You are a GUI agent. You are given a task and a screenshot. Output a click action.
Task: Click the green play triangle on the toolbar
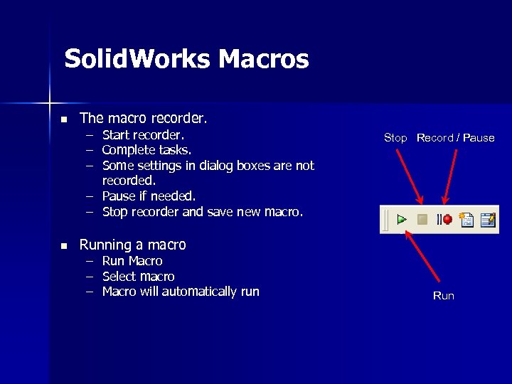coord(402,220)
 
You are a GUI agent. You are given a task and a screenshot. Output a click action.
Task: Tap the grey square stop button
coord(422,220)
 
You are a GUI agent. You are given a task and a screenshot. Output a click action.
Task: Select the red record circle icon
coord(447,220)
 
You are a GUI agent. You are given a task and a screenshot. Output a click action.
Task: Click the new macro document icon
coord(466,220)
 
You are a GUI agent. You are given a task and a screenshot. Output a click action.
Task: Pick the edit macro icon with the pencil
coord(487,220)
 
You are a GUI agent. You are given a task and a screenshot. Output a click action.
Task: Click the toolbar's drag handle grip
coord(386,220)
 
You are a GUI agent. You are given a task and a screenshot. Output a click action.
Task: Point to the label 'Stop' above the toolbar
coord(395,138)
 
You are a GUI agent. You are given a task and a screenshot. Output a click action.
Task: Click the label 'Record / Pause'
coord(455,138)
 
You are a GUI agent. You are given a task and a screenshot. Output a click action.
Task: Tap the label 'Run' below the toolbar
coord(443,296)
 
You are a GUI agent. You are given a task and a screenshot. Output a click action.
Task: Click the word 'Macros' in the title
coord(264,59)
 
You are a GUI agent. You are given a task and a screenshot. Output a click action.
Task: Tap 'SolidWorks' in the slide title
coord(137,59)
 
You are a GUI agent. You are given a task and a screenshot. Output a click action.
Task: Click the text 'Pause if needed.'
coord(149,196)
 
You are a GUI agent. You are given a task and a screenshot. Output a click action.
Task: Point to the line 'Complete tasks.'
coord(146,150)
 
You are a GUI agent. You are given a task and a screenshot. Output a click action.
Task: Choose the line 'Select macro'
coord(138,276)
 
